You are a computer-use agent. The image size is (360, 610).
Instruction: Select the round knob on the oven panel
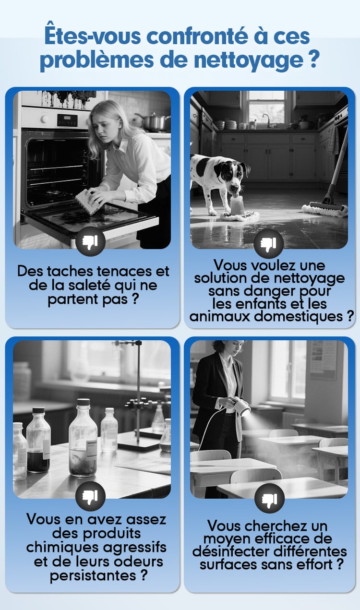[x=44, y=119]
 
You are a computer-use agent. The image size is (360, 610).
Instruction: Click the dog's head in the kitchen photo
[x=231, y=177]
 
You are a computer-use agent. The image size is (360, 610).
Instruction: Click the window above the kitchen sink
[x=266, y=108]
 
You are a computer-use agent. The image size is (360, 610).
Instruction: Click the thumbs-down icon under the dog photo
[x=268, y=243]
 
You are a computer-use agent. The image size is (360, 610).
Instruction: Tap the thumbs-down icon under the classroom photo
[x=269, y=498]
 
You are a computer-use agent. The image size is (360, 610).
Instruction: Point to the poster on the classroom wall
[x=324, y=360]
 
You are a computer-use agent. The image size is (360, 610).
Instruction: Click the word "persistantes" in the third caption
[x=93, y=575]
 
